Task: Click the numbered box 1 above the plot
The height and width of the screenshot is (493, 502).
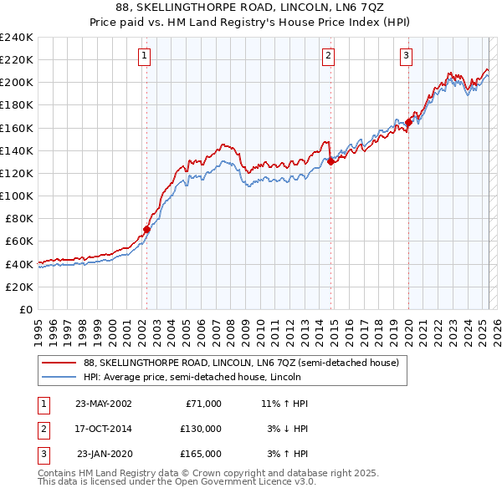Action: [145, 56]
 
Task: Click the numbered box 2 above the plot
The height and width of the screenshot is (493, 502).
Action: [328, 56]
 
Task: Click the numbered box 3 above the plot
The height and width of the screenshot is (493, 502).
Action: [406, 56]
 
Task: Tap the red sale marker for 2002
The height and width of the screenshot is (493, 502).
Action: [146, 228]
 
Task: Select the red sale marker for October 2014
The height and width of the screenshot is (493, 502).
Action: [330, 162]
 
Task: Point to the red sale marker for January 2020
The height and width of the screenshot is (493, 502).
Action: [408, 122]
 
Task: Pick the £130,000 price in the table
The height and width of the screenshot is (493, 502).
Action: [201, 429]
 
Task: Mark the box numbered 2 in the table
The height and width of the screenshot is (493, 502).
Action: [43, 429]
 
